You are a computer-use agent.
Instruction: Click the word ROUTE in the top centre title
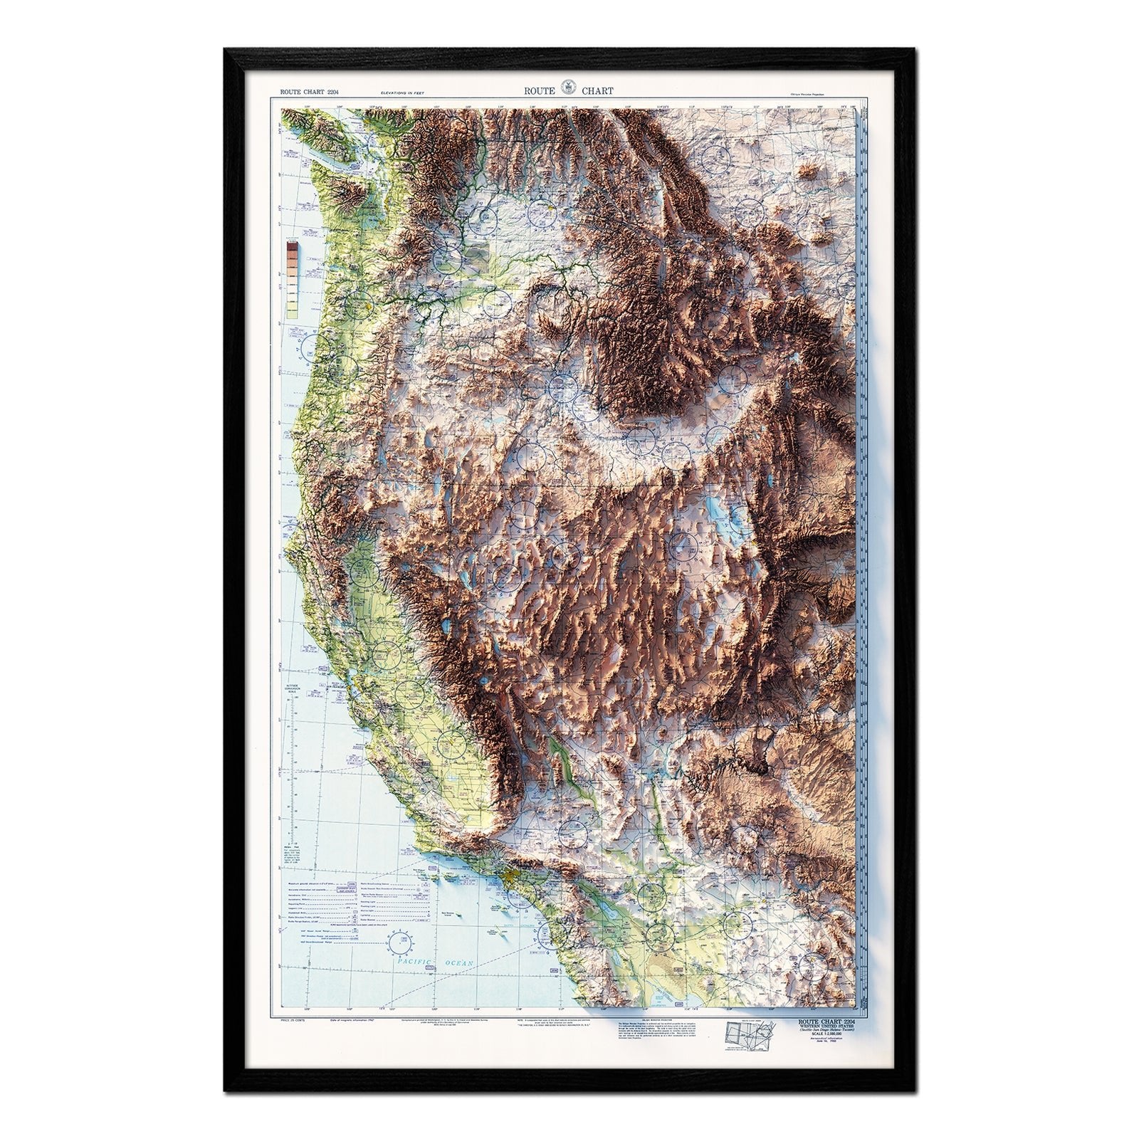point(540,91)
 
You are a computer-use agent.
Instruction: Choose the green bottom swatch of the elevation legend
point(291,310)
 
